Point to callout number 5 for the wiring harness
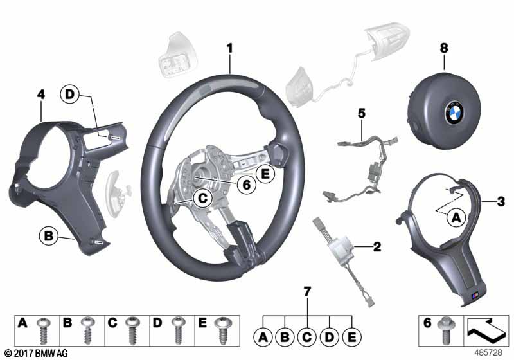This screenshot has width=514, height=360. [362, 113]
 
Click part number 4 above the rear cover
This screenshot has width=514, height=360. [41, 95]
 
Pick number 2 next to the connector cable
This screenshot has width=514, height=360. [377, 246]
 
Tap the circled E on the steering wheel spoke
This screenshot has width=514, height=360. [262, 172]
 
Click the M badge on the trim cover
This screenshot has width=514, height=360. [472, 295]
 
